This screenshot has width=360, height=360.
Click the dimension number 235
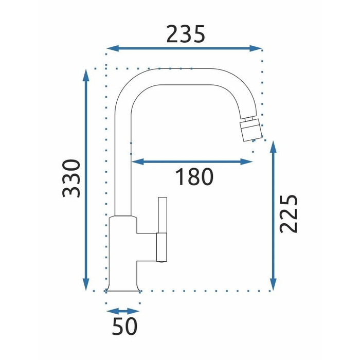[186, 34]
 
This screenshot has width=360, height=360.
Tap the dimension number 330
[71, 178]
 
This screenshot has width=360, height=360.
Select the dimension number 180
[194, 177]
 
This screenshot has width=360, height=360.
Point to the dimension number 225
[289, 214]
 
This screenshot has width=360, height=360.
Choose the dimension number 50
[124, 326]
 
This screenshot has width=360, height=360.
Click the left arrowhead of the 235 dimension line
[113, 48]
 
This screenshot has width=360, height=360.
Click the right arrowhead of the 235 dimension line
[256, 48]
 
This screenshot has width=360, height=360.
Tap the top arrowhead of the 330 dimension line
[86, 75]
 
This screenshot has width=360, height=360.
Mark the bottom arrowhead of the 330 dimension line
[86, 284]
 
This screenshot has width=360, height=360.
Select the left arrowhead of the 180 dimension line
[137, 161]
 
